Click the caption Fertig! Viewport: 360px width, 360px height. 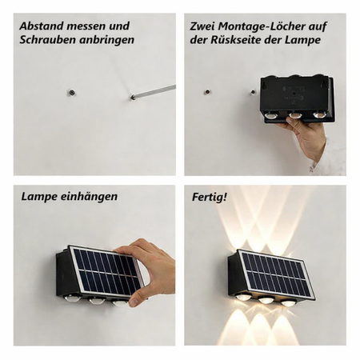point(210,198)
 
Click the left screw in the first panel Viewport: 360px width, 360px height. point(71,93)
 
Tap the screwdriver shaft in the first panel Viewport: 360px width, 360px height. point(154,92)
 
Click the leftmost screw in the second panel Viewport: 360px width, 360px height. point(207,92)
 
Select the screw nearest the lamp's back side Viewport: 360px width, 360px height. point(252,93)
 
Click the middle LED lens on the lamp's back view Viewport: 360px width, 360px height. point(295,115)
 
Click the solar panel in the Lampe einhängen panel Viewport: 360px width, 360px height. point(107,271)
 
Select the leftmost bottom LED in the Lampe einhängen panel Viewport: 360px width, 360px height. point(73,298)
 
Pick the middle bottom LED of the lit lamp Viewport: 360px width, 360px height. point(266,300)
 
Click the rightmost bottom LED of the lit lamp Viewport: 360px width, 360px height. point(287,302)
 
